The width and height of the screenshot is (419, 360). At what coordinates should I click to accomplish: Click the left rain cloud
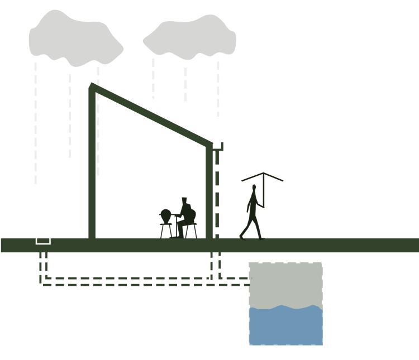[75, 38]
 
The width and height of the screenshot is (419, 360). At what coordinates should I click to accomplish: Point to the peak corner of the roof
[93, 87]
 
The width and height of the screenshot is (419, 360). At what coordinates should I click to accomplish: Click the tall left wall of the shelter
[92, 167]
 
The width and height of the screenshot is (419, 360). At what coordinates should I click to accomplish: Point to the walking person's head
[254, 188]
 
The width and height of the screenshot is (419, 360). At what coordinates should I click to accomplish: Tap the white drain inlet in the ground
[43, 241]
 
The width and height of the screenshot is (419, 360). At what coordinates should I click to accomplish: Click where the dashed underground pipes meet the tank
[249, 281]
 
